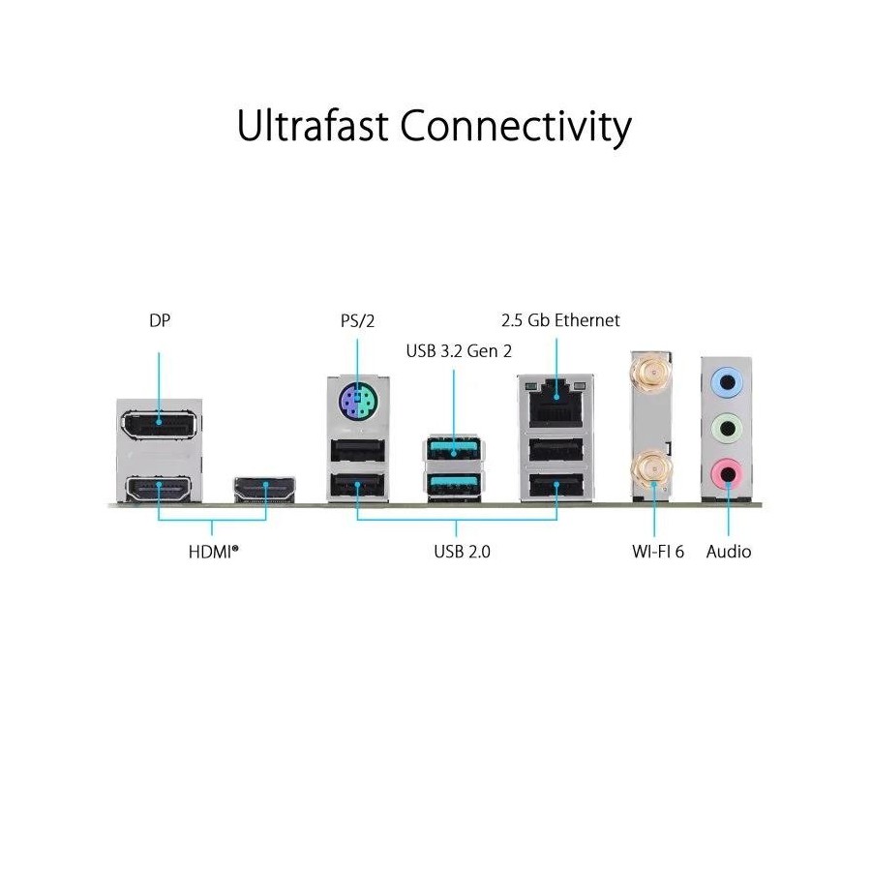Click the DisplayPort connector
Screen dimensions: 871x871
159,426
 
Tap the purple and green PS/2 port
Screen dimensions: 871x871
357,400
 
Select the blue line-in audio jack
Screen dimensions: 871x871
727,382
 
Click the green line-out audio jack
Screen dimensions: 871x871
727,429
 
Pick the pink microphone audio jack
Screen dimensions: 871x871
727,474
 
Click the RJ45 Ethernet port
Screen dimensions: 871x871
556,404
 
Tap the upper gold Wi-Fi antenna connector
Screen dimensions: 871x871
651,373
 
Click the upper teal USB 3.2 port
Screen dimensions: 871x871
454,449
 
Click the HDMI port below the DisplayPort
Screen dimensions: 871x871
159,490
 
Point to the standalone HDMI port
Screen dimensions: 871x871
265,490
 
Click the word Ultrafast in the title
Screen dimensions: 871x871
313,126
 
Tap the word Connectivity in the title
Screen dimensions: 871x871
516,129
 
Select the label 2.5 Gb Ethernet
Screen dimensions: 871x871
560,320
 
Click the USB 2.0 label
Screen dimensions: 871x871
463,552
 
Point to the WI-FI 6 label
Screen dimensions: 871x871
658,552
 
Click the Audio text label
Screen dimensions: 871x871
728,552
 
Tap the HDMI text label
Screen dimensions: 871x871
213,552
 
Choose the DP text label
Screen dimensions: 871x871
160,320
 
